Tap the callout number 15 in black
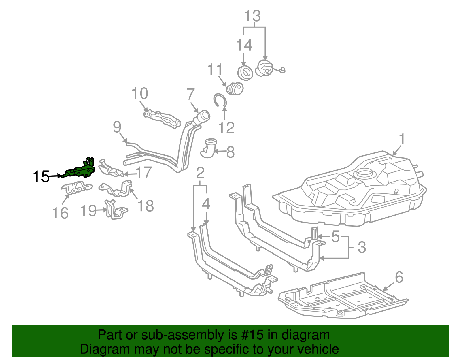[41, 176]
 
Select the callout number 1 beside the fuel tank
[402, 140]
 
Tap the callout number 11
[215, 69]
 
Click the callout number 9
[117, 127]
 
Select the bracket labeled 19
[115, 210]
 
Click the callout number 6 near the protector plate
[399, 277]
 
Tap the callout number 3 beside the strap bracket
[362, 247]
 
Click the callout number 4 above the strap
[206, 204]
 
